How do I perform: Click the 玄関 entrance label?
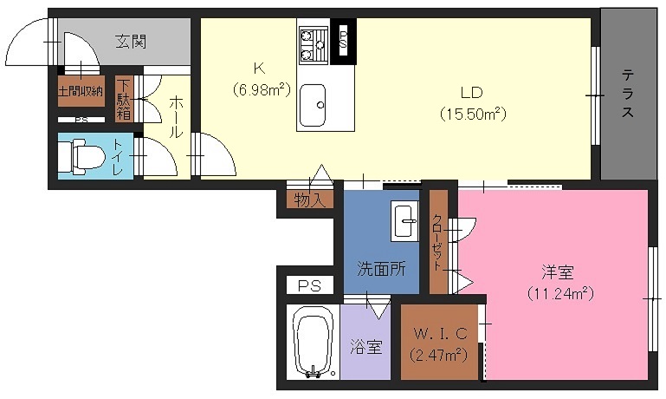point(131,42)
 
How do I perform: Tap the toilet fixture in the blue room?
point(81,157)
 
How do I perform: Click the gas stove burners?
point(314,44)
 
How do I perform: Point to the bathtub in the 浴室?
point(312,343)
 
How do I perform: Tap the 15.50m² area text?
point(473,114)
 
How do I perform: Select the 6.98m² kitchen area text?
point(262,89)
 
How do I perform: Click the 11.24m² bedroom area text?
point(560,293)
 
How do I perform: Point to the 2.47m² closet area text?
point(439,355)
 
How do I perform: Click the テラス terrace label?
point(628,93)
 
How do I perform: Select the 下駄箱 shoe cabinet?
point(124,98)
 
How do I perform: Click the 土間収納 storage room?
point(81,90)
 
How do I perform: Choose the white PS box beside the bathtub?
point(309,285)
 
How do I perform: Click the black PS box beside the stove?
point(343,42)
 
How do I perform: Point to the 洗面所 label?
point(381,269)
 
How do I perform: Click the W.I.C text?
point(441,333)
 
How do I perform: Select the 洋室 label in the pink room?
point(558,272)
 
